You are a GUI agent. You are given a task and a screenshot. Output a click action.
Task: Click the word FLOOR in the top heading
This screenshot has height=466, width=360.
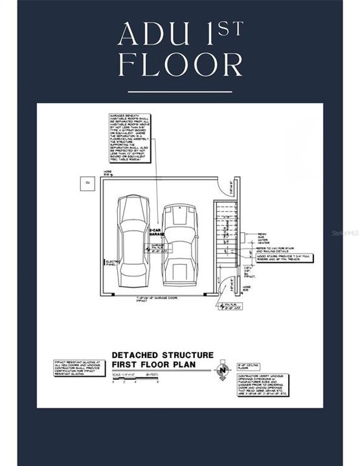[180, 65]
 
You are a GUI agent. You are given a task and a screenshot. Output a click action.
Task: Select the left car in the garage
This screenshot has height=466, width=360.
[133, 241]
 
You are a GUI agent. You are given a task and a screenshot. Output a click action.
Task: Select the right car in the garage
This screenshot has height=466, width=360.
[178, 244]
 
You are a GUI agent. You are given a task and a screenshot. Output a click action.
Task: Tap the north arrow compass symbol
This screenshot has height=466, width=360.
[223, 370]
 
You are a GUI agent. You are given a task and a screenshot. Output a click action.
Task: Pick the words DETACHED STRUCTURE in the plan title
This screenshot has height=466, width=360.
[162, 355]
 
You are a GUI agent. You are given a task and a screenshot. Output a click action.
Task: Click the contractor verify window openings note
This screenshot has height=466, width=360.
[262, 384]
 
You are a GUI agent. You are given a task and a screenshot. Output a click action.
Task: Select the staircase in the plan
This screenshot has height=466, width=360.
[226, 237]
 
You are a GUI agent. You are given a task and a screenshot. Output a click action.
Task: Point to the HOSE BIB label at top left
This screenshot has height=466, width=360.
[107, 173]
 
